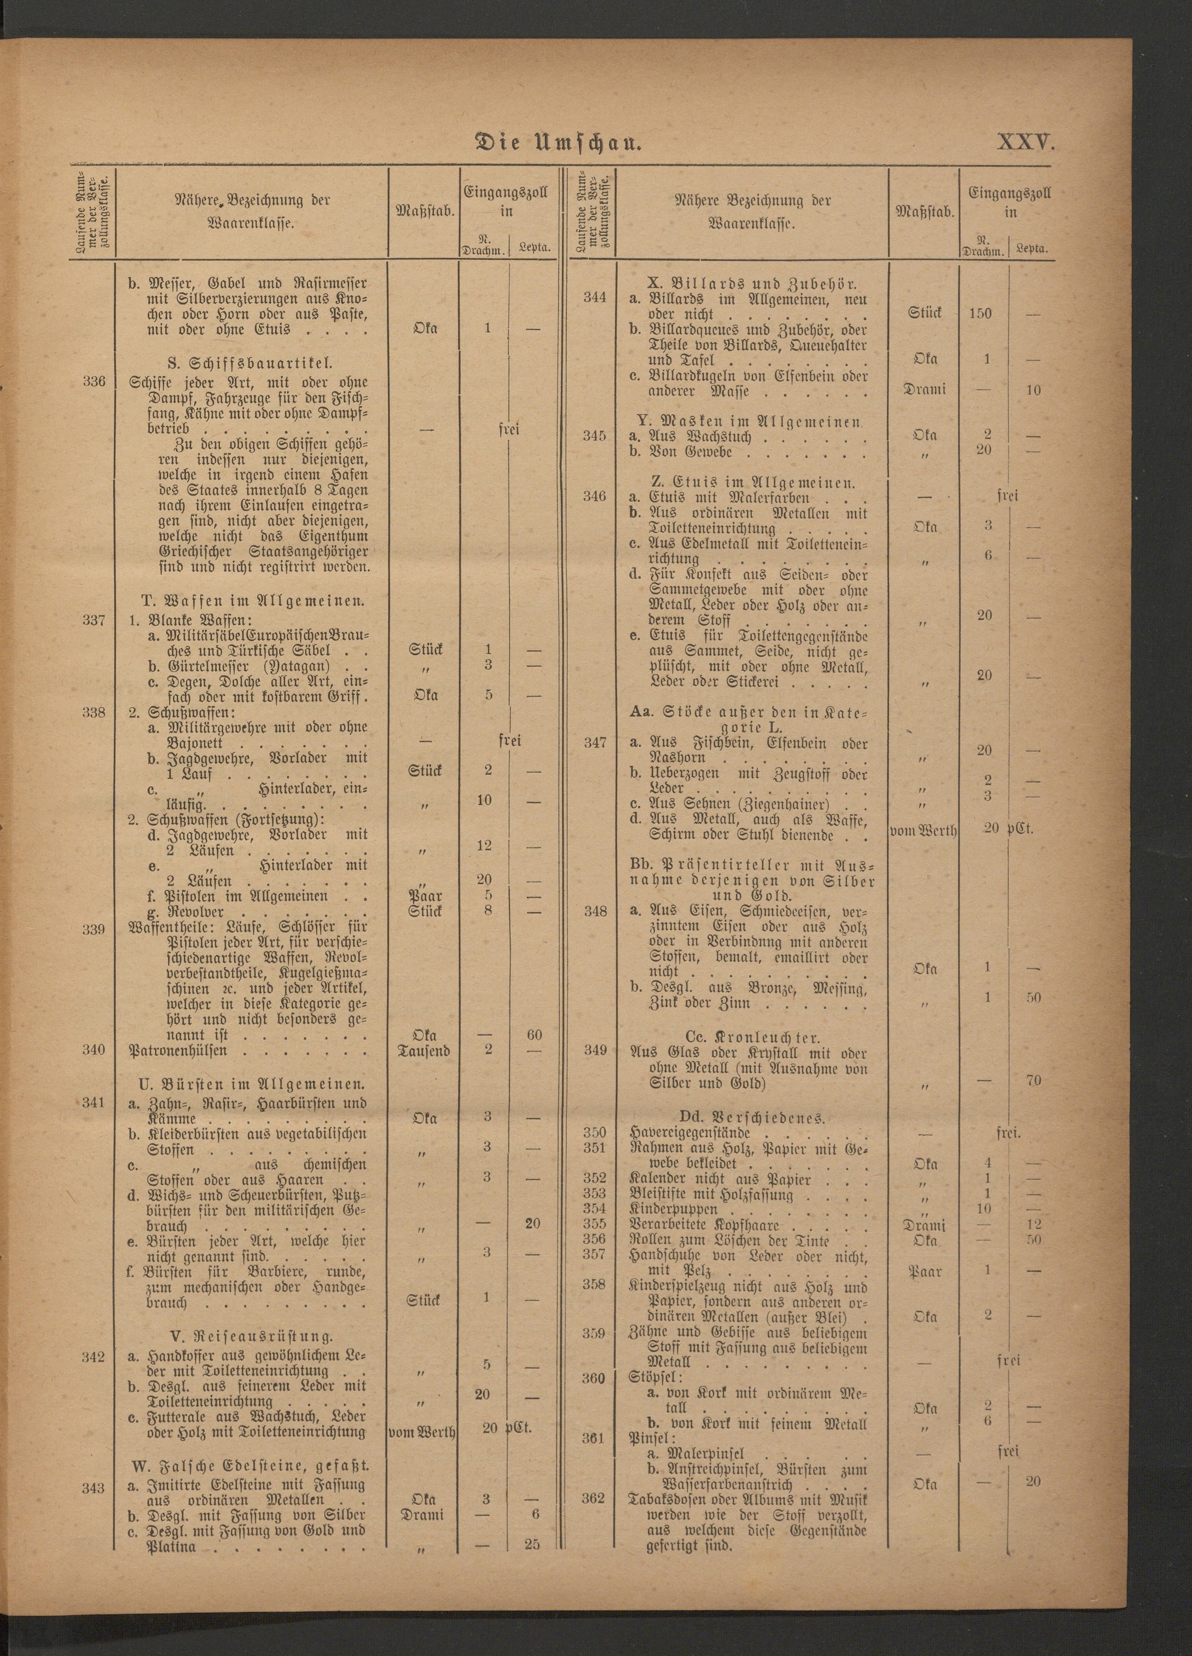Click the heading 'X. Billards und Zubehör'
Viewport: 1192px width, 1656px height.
click(x=752, y=284)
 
